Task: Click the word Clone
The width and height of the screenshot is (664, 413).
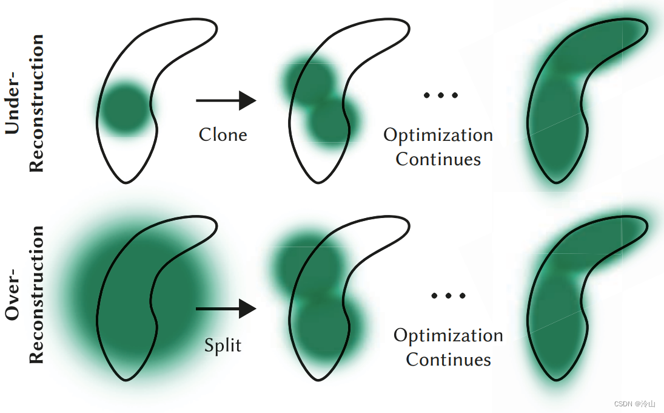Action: coord(223,134)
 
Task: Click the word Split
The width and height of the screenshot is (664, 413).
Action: coord(223,345)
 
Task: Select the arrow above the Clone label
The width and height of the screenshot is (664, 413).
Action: coord(226,100)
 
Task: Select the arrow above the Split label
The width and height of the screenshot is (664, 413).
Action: coord(226,309)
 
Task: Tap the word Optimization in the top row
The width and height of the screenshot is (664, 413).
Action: coord(438,135)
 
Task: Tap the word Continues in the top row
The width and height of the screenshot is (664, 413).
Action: coord(438,159)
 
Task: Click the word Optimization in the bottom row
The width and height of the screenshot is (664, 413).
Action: coord(448,336)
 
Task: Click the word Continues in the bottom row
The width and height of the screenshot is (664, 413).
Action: coord(448,360)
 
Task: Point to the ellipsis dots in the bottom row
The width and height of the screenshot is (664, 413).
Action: coord(449,296)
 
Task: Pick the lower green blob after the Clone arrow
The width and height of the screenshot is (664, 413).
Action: coord(332,120)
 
